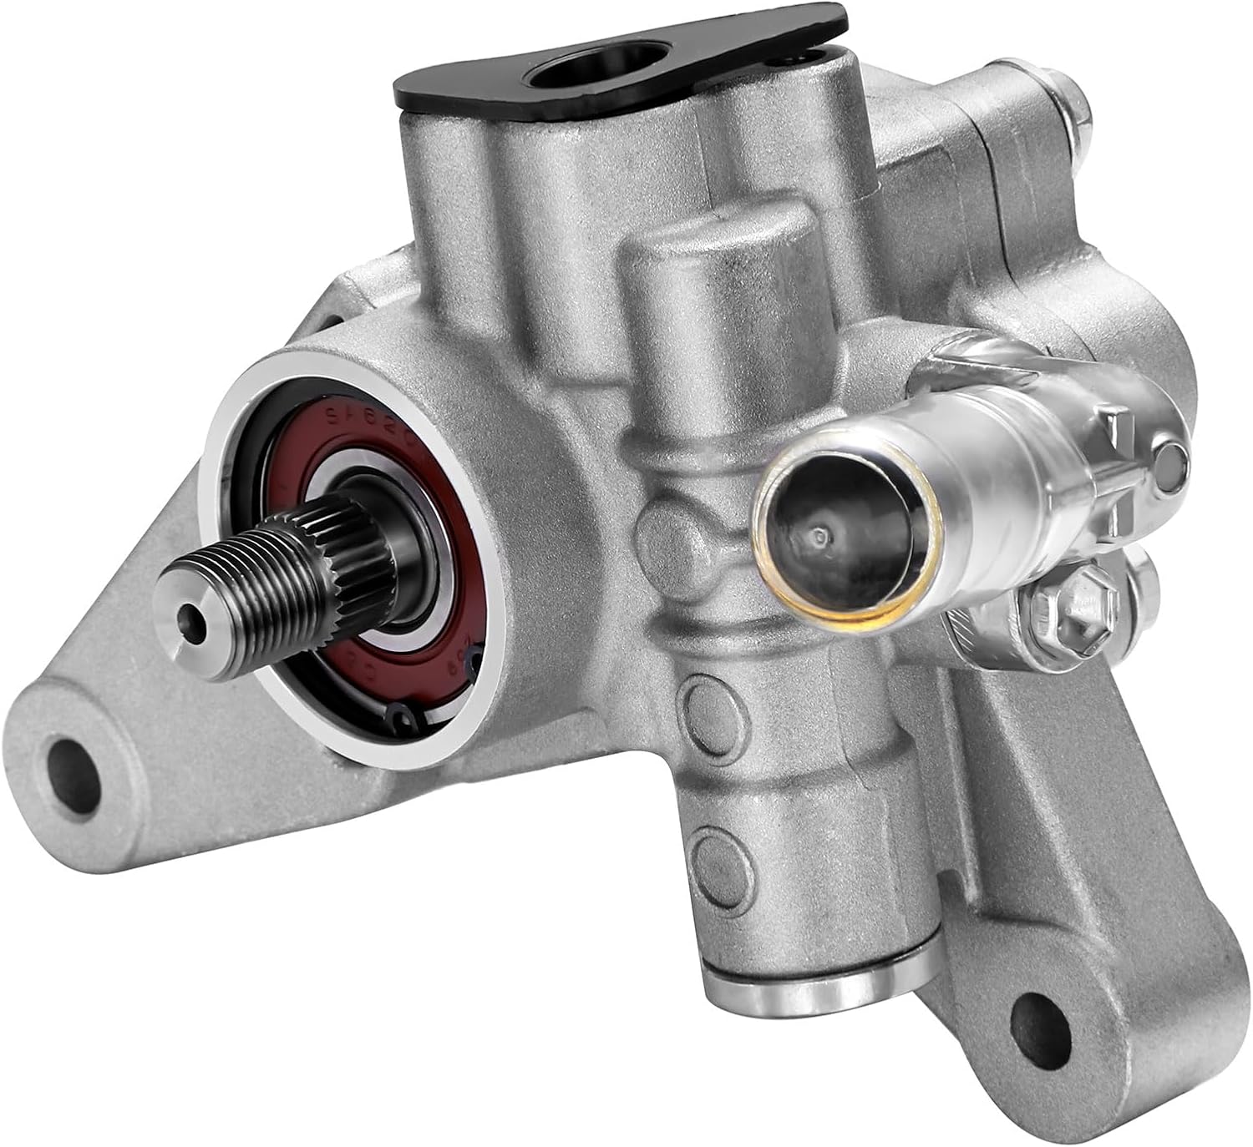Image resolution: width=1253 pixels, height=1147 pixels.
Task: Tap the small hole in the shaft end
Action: coord(194,619)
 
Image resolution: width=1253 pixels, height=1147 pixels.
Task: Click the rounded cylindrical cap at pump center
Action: coord(718,275)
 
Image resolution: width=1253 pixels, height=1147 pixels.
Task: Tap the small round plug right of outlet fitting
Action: coord(1171,457)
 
